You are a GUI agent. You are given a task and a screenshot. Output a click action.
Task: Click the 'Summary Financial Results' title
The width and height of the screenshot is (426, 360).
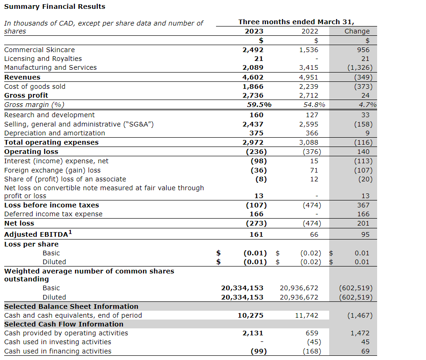click(54, 7)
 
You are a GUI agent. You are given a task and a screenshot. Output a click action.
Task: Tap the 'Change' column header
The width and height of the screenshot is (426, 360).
click(357, 31)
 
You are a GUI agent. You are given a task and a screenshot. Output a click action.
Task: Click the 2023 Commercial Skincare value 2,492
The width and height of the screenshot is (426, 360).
click(253, 50)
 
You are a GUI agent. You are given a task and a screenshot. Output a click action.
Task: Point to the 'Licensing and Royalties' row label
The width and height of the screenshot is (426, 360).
click(43, 59)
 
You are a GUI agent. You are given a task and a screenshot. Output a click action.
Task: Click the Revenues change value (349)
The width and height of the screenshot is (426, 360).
click(363, 77)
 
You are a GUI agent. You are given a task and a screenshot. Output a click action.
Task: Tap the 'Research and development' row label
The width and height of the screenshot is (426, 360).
click(49, 115)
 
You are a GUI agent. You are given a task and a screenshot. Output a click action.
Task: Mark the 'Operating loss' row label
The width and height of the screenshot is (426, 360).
click(31, 152)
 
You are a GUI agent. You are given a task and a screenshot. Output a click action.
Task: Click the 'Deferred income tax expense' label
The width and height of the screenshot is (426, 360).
click(53, 214)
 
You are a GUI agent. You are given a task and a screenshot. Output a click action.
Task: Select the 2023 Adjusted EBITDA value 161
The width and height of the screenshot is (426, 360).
click(257, 234)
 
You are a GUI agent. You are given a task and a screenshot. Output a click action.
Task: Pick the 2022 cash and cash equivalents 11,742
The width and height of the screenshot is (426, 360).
click(307, 315)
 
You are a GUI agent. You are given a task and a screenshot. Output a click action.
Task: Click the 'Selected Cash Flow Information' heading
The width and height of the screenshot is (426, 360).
click(64, 324)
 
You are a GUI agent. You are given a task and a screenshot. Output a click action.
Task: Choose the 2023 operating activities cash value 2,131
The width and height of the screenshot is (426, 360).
click(253, 333)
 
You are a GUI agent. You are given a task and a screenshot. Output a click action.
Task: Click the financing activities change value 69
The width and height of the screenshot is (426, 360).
click(365, 351)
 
